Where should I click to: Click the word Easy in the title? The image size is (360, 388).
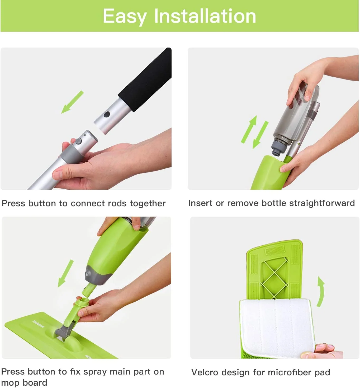tap(124, 16)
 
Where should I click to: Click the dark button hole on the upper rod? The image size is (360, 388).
tap(106, 114)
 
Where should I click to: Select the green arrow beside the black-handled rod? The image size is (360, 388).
tap(72, 102)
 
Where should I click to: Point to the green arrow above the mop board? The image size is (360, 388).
tap(66, 273)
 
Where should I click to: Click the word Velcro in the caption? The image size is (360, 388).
tap(205, 372)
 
